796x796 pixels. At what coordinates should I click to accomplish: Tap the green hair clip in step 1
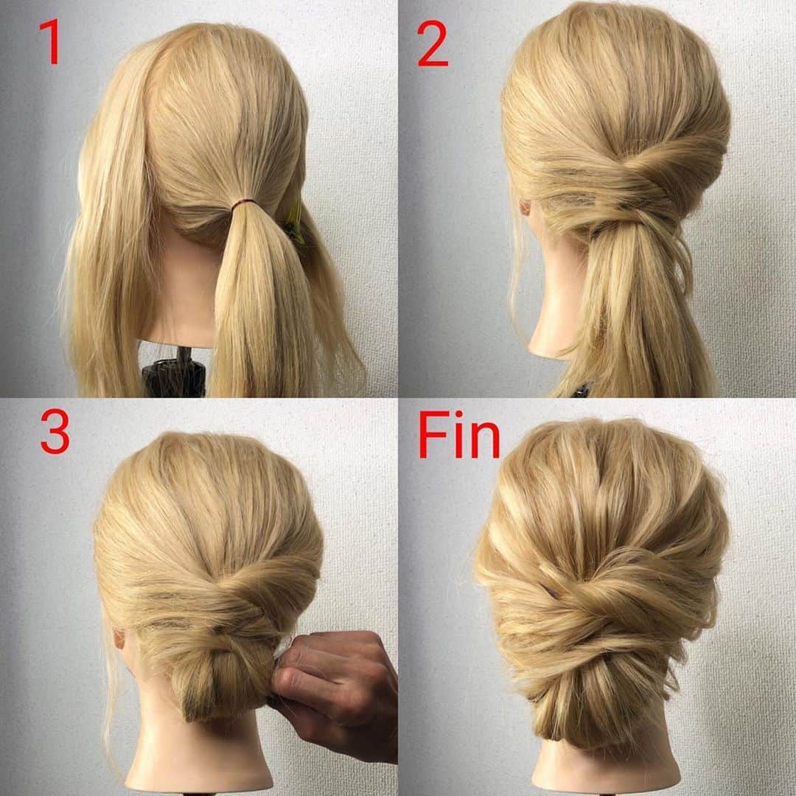coord(294,222)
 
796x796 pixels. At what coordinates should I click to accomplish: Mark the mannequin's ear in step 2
coord(525,208)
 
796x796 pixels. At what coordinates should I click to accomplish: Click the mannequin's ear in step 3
coord(119,639)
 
